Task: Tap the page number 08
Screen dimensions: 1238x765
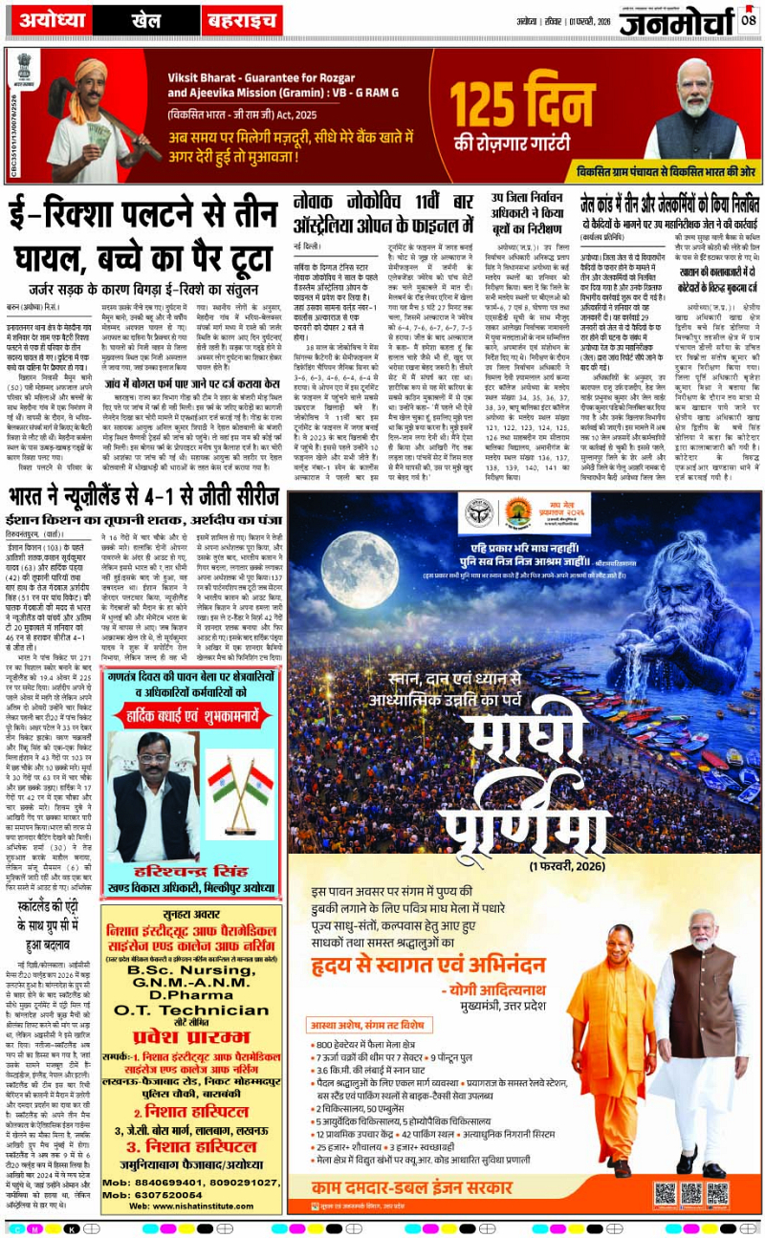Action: click(x=749, y=18)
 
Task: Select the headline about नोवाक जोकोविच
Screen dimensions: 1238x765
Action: click(x=382, y=214)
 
